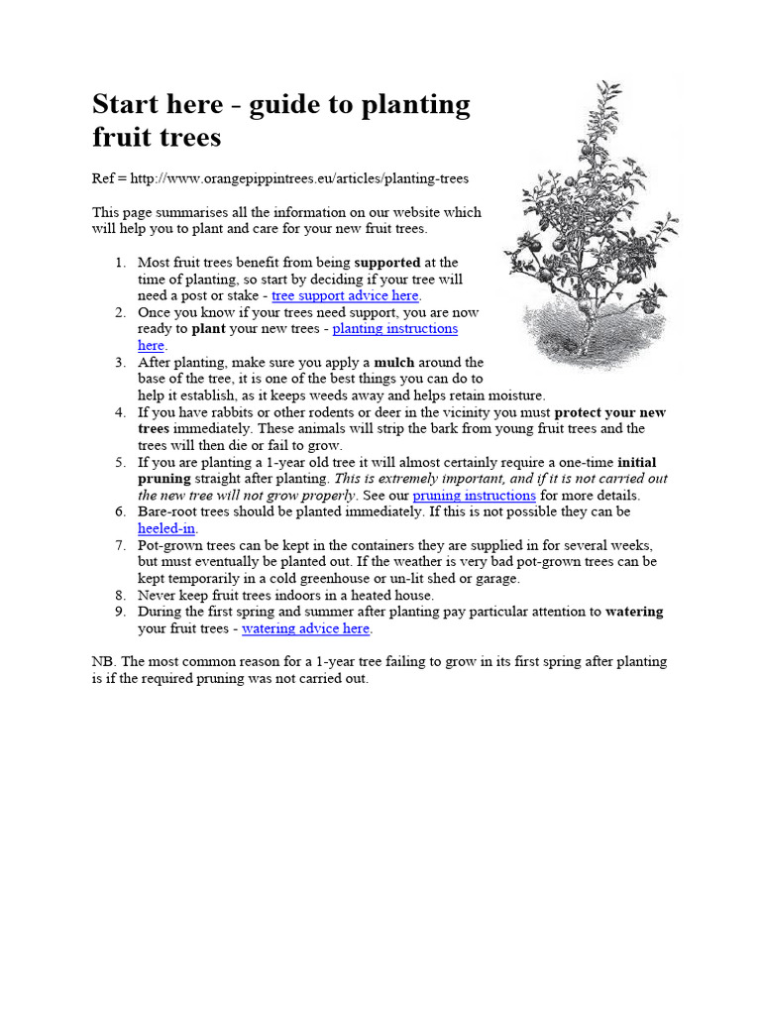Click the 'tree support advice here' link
pyautogui.click(x=345, y=295)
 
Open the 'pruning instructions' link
pyautogui.click(x=474, y=495)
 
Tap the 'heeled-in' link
pyautogui.click(x=166, y=528)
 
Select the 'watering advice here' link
pyautogui.click(x=305, y=628)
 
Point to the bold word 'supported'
pyautogui.click(x=386, y=263)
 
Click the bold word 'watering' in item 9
pyautogui.click(x=633, y=612)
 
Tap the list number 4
pyautogui.click(x=120, y=412)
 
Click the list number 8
pyautogui.click(x=120, y=595)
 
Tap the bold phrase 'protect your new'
pyautogui.click(x=609, y=412)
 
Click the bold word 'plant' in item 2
pyautogui.click(x=208, y=329)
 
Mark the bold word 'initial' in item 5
pyautogui.click(x=636, y=462)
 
